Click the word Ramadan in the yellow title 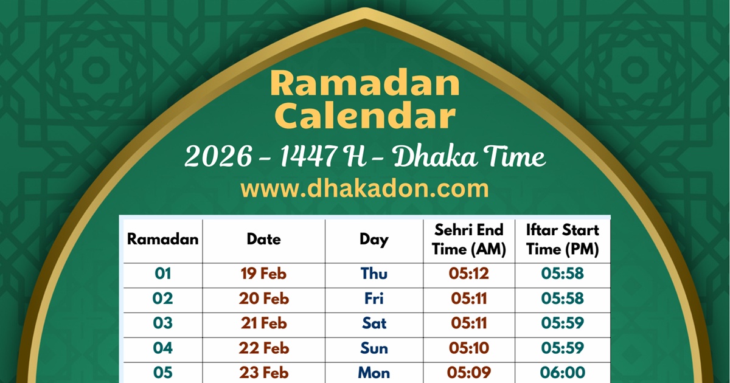coord(365,84)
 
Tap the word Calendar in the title coord(365,116)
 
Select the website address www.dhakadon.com coord(365,188)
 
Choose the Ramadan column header coord(162,240)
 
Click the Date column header coord(263,240)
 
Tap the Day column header coord(374,240)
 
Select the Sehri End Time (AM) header coord(469,240)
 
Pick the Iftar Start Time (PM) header coord(562,240)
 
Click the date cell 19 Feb coord(263,274)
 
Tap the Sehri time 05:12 coord(469,274)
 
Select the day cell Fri coord(374,298)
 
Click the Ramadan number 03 coord(162,323)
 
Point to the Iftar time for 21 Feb coord(562,323)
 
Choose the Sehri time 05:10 coord(469,348)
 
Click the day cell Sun coord(374,348)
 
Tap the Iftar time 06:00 coord(562,372)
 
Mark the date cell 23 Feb coord(263,372)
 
